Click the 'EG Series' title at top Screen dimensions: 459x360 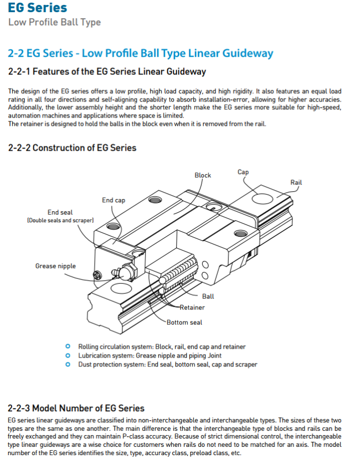point(37,8)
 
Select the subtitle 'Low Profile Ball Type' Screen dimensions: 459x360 point(54,22)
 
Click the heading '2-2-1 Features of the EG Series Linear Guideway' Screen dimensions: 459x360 point(107,72)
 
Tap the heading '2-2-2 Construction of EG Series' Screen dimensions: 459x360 point(72,148)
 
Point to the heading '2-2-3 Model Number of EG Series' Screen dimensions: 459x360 point(76,409)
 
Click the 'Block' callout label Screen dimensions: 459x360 point(203,175)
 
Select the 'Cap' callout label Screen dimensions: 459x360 point(243,172)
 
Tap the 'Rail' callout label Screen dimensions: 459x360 point(296,182)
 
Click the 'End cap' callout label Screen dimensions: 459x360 point(114,200)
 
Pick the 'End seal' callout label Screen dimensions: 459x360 point(60,212)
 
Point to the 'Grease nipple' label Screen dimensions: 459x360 point(55,266)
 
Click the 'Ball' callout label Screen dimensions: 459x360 point(208,297)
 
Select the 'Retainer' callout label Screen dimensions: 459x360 point(192,307)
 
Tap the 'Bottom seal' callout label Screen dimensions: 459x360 point(185,322)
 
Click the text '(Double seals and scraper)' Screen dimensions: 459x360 point(60,221)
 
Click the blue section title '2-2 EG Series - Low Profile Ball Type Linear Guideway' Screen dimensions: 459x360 point(140,53)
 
